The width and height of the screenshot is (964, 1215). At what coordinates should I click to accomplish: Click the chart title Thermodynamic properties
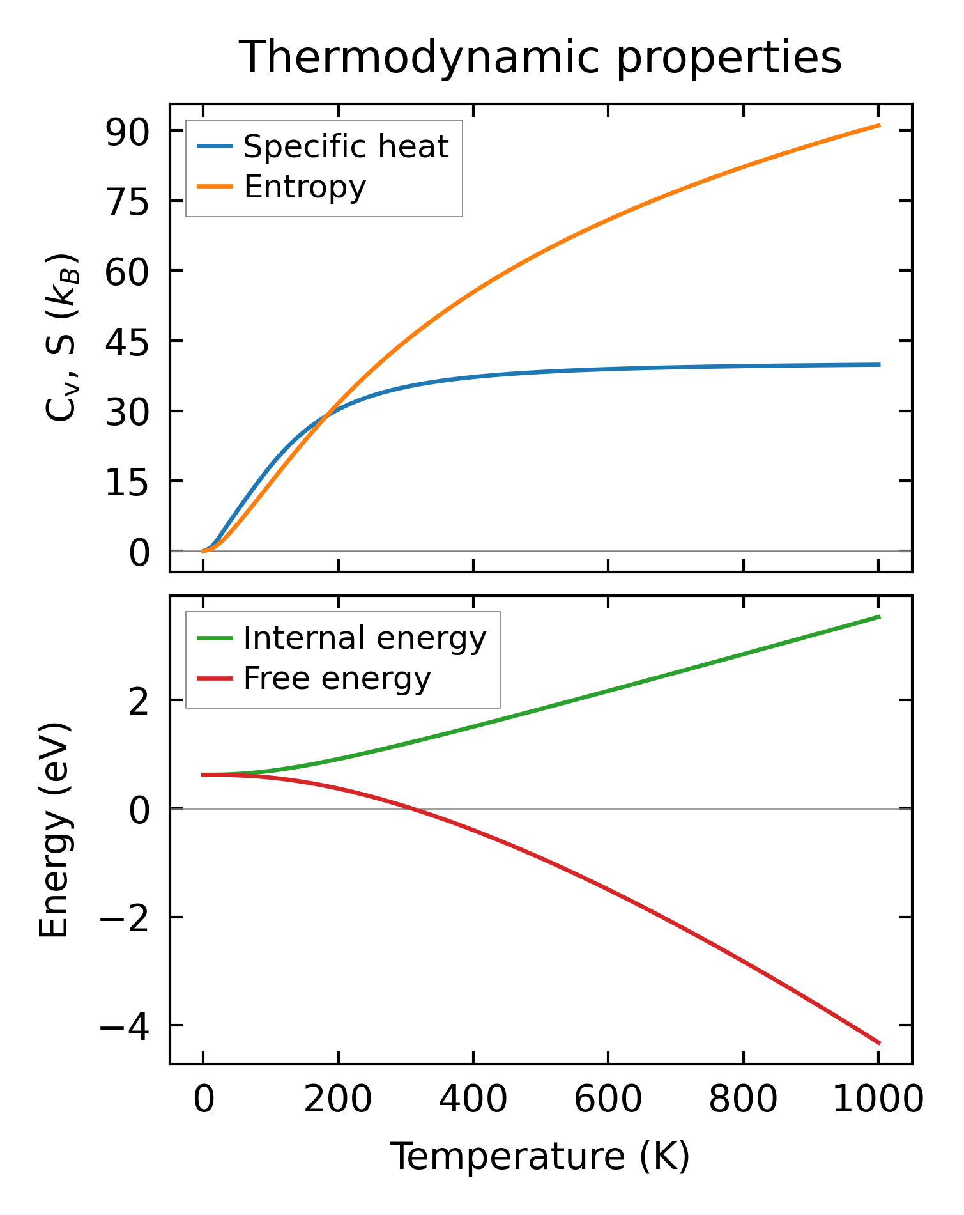tap(540, 58)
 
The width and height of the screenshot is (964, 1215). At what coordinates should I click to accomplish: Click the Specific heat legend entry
tap(346, 147)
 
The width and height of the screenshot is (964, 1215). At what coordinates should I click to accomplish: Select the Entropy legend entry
tap(305, 187)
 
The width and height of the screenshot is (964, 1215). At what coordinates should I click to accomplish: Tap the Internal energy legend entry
tap(364, 638)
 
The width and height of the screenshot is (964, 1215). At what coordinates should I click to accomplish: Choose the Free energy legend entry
tap(337, 679)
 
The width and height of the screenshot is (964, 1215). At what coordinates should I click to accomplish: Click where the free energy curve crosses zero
tap(409, 809)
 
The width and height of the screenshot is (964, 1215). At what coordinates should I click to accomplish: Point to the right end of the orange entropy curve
tap(879, 125)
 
